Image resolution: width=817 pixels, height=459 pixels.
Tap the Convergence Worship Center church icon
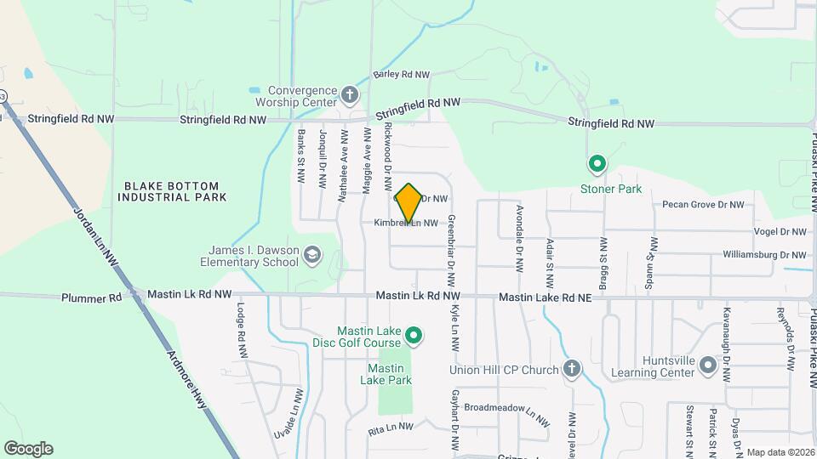[x=350, y=93]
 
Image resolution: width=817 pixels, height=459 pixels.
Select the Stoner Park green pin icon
[x=597, y=164]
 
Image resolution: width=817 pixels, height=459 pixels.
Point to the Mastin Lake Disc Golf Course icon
[x=414, y=337]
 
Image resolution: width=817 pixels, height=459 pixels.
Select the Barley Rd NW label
[x=402, y=75]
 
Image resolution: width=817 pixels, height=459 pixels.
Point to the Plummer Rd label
[x=91, y=298]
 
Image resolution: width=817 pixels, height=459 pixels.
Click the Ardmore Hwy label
[x=187, y=378]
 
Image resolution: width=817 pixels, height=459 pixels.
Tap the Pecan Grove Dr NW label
[x=703, y=205]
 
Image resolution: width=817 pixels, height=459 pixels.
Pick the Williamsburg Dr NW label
[x=763, y=254]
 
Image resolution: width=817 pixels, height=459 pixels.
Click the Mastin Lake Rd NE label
[x=545, y=297]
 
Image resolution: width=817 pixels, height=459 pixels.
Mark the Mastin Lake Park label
[x=390, y=374]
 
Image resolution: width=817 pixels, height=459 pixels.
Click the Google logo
[x=28, y=449]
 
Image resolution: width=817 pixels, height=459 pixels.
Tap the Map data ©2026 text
[x=779, y=452]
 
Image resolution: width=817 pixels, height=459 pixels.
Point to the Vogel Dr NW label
[x=780, y=231]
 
